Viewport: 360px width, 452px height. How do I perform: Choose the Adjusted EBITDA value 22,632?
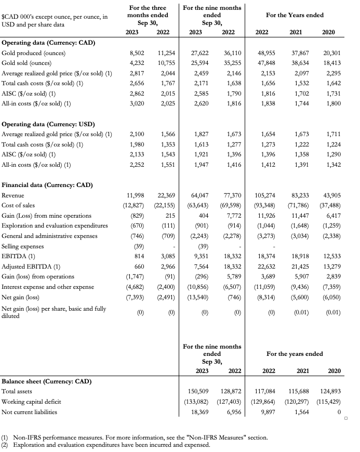[x=267, y=267]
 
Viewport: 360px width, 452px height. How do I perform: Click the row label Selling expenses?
[x=22, y=246]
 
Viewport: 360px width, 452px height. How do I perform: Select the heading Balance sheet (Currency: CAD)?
[x=47, y=381]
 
